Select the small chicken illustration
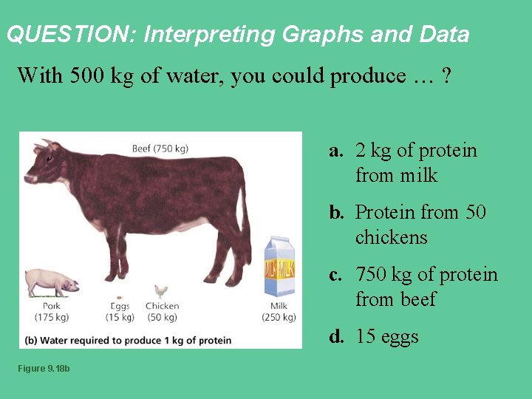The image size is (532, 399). pos(161,292)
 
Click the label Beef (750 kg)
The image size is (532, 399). pos(160,149)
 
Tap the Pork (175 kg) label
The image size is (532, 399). pos(51,311)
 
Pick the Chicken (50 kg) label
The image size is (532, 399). pos(162,311)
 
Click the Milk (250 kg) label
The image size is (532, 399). pos(279,311)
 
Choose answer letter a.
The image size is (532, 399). pos(337,151)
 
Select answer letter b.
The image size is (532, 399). pos(337,213)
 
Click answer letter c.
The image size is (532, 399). pos(336,275)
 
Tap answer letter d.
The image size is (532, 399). pos(337,337)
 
